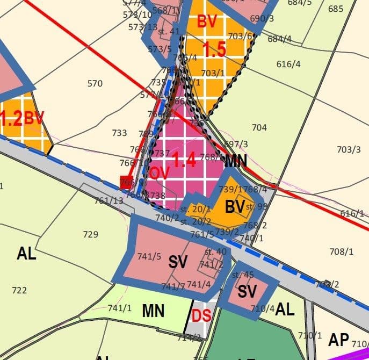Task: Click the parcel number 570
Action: [95, 83]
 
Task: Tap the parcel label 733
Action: [120, 133]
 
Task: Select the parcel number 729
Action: [91, 234]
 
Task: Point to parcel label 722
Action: [19, 290]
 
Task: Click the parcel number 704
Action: [259, 127]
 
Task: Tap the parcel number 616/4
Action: [288, 64]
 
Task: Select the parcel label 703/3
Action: [349, 149]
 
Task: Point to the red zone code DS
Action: [201, 316]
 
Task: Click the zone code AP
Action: [338, 340]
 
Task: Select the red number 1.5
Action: [214, 49]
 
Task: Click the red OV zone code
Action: [160, 174]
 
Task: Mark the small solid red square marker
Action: [126, 182]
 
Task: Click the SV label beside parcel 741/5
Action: [178, 262]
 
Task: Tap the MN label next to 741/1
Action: [153, 311]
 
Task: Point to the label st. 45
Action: [243, 275]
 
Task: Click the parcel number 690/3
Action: [262, 18]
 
